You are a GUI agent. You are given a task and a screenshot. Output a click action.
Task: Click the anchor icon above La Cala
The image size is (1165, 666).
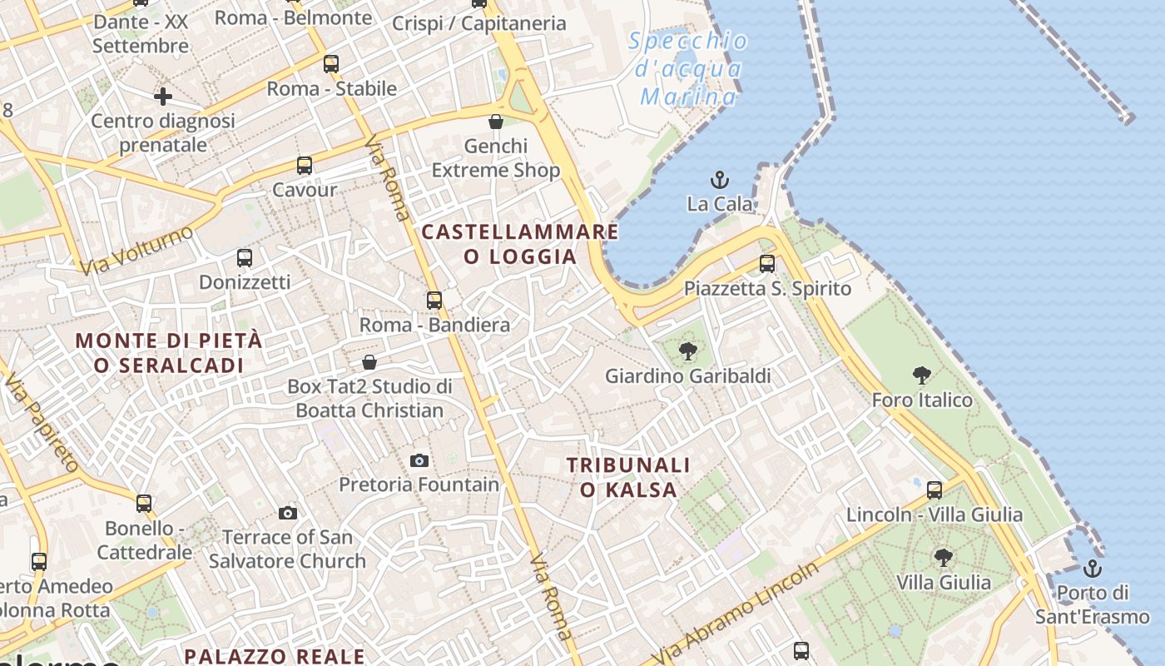719,180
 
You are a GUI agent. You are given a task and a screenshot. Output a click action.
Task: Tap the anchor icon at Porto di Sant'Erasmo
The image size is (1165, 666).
1093,569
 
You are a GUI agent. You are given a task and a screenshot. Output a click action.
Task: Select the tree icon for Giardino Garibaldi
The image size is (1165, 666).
687,351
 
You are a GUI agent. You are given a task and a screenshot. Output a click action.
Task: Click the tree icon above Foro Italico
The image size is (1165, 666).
921,375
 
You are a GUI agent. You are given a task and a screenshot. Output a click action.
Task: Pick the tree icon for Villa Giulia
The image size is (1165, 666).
943,557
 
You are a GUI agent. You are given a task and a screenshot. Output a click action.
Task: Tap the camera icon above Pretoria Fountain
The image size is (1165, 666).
419,460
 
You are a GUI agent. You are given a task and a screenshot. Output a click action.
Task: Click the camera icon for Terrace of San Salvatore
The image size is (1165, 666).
288,512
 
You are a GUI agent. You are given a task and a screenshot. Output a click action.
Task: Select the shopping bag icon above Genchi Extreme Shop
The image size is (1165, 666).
496,122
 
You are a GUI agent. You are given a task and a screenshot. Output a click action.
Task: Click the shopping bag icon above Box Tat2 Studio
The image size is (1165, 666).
369,362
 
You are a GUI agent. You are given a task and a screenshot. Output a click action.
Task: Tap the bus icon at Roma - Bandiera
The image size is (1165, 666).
434,300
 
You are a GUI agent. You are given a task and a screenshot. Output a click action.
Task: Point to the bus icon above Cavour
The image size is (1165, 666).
305,166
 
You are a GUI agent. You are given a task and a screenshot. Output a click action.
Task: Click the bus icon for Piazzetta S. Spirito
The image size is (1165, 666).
767,264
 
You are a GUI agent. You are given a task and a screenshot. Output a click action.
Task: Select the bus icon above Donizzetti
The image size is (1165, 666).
245,258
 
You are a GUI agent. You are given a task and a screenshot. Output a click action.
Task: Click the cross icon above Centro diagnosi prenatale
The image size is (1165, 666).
163,97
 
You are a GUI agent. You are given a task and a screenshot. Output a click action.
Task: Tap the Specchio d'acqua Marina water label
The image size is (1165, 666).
688,69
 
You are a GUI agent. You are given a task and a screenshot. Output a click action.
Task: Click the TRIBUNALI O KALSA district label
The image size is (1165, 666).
628,477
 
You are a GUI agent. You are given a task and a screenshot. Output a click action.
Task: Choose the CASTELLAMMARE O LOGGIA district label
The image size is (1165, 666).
520,244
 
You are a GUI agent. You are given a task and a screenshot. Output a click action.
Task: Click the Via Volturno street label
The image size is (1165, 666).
137,251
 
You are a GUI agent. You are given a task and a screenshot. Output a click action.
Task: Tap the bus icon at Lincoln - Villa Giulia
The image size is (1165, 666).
934,490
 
